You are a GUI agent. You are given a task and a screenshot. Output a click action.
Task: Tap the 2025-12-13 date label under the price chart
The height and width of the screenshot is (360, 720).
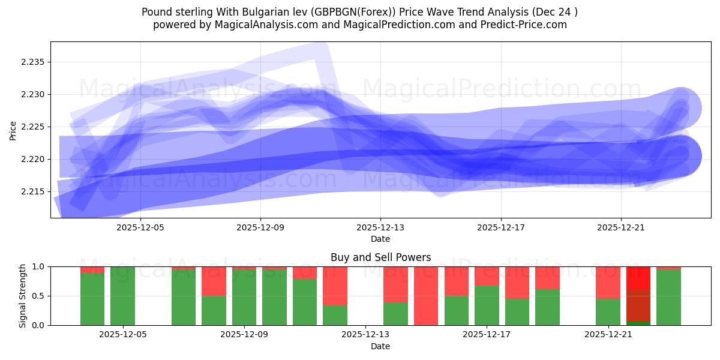point(380,228)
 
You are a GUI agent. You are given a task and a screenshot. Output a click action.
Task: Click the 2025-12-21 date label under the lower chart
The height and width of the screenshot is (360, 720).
point(608,334)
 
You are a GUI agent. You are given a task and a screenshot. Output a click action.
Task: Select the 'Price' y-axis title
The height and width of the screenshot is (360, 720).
point(14,130)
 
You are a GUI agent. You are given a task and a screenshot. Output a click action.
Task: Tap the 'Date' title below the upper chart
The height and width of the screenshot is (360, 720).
point(380,239)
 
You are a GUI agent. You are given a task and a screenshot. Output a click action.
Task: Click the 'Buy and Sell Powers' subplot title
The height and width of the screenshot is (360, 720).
point(380,257)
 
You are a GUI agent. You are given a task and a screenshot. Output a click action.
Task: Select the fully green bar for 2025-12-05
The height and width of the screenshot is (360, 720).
point(122,296)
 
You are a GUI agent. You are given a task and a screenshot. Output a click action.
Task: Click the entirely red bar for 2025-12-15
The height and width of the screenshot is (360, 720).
point(426,296)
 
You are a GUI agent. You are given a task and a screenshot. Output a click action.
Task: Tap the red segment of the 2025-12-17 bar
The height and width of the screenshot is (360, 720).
point(487,275)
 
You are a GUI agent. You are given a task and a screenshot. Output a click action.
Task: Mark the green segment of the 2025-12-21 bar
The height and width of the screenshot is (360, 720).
point(608,312)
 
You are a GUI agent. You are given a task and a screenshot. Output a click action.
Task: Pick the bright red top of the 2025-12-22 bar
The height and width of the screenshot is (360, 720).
point(638,277)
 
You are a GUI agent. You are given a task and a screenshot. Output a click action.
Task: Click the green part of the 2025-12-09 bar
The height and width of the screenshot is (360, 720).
point(244,297)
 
